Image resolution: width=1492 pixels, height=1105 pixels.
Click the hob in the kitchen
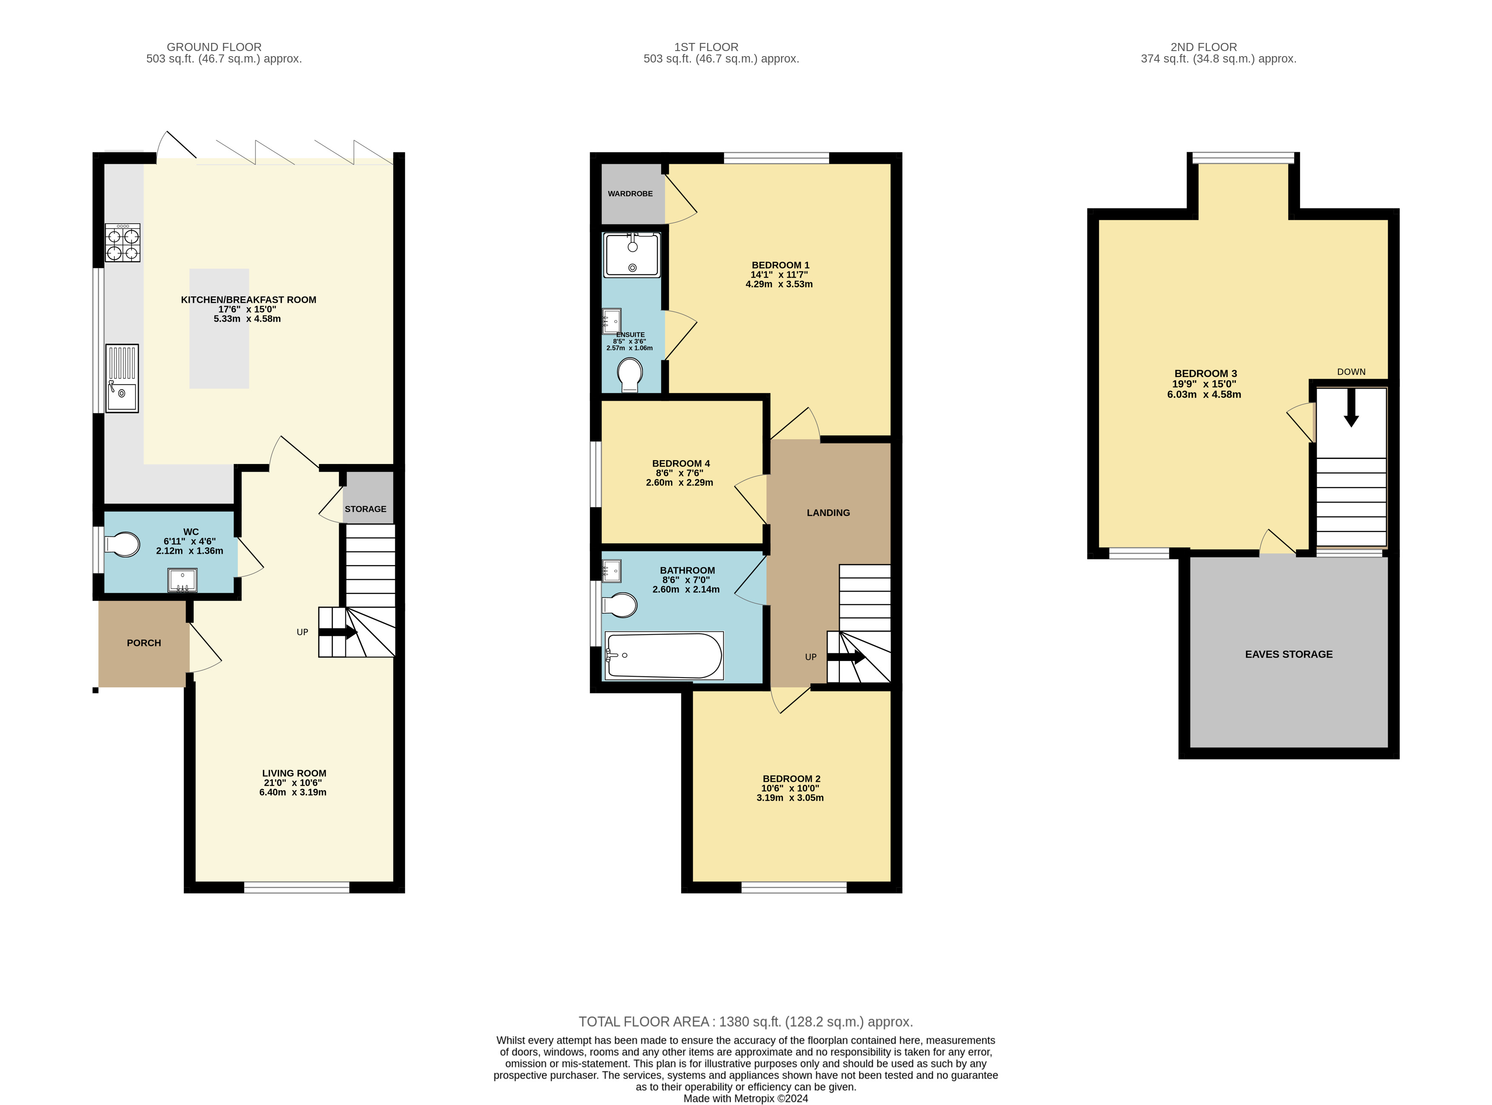[x=123, y=243]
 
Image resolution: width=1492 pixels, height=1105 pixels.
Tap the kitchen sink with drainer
[x=122, y=379]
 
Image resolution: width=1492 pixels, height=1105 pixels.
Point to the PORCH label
[x=144, y=643]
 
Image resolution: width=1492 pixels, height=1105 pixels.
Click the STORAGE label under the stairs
[x=365, y=509]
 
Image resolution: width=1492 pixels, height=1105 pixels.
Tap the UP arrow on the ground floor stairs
[x=338, y=632]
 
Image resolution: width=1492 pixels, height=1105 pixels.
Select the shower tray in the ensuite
[x=632, y=255]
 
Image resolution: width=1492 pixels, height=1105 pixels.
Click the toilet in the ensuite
[x=630, y=375]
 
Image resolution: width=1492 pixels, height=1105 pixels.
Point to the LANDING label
[x=828, y=513]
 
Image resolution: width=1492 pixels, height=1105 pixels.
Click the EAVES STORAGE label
[x=1289, y=654]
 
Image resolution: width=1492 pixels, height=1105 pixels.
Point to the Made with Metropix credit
[x=745, y=1098]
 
